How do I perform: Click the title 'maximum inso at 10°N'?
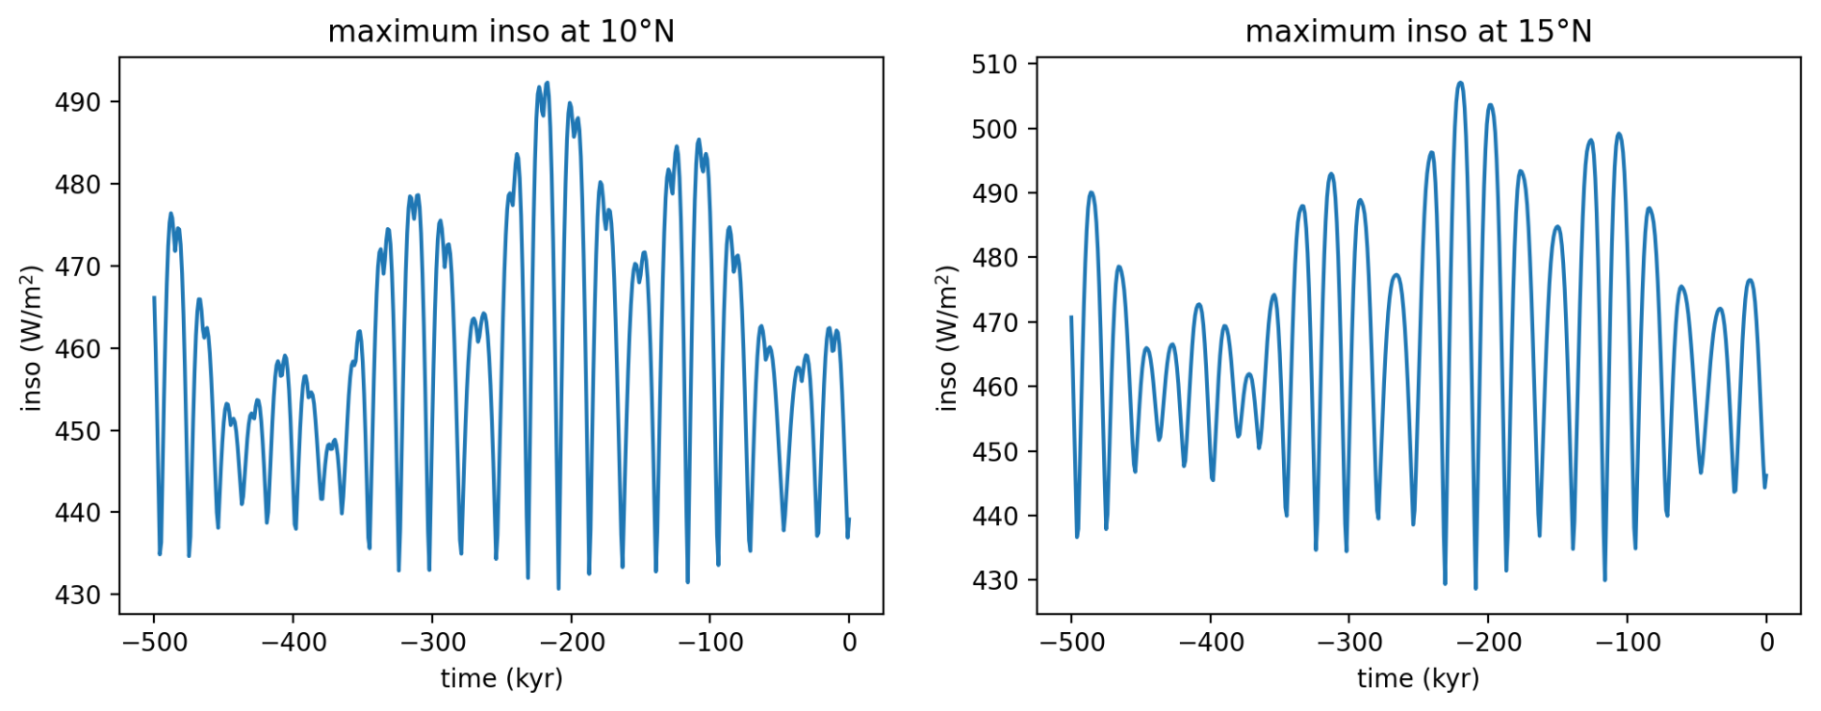point(500,32)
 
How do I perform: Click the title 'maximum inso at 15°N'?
point(1418,32)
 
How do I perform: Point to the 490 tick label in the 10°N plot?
point(78,102)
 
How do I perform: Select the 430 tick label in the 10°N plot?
point(78,595)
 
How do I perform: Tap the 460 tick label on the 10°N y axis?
point(78,348)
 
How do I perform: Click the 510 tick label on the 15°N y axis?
point(994,64)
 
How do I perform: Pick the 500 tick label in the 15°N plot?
point(994,129)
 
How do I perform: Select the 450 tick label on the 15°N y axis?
point(994,451)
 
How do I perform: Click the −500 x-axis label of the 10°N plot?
point(154,643)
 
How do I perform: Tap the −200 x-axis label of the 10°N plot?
point(571,643)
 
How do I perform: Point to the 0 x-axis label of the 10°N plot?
point(849,643)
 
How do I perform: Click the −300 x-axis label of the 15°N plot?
point(1348,643)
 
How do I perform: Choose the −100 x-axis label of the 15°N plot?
point(1627,643)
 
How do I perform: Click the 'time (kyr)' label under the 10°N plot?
point(501,678)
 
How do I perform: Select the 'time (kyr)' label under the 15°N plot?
point(1418,678)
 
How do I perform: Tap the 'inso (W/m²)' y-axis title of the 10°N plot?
point(32,338)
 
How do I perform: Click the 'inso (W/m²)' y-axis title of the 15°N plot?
point(947,338)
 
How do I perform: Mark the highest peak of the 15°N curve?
point(1460,83)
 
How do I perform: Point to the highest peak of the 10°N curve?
point(547,83)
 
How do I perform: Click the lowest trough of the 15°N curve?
point(1475,588)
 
